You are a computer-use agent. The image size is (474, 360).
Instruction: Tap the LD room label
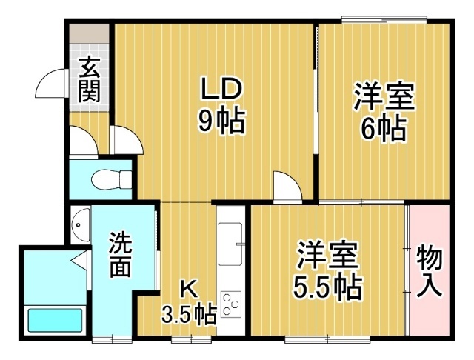tap(221, 88)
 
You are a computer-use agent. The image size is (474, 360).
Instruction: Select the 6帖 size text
tap(384, 128)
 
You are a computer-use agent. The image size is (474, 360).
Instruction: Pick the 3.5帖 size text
tap(189, 314)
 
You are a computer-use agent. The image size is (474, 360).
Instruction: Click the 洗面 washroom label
tap(121, 255)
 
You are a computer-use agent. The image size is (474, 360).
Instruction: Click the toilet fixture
tap(111, 179)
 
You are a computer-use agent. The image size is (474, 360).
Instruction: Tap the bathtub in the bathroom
tap(56, 321)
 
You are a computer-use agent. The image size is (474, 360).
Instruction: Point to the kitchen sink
tap(230, 244)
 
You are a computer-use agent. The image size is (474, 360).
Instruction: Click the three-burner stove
tap(231, 304)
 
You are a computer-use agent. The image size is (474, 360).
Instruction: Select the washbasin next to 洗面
tap(80, 225)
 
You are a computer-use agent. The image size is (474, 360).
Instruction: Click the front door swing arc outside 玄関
tap(50, 84)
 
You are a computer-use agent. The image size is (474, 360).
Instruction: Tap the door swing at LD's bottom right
tap(287, 186)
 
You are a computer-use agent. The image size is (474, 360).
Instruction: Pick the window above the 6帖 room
tap(384, 20)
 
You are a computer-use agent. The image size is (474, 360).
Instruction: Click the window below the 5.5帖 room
tap(327, 339)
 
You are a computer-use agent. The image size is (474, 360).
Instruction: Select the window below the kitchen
tap(191, 339)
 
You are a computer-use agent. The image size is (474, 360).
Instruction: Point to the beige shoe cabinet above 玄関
tap(89, 33)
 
